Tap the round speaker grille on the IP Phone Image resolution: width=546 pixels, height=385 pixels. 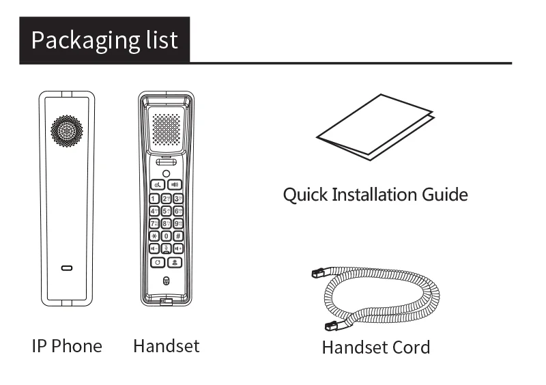pyautogui.click(x=66, y=130)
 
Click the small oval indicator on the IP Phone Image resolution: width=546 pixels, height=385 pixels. pyautogui.click(x=66, y=268)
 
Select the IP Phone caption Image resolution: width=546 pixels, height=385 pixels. pyautogui.click(x=67, y=346)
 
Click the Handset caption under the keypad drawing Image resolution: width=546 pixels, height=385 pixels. pyautogui.click(x=166, y=346)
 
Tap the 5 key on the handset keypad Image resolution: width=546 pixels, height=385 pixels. pyautogui.click(x=166, y=211)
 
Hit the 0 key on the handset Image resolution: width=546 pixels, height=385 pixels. pyautogui.click(x=166, y=236)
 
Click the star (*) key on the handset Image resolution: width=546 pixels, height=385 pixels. pyautogui.click(x=154, y=236)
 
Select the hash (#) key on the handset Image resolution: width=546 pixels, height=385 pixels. pyautogui.click(x=177, y=236)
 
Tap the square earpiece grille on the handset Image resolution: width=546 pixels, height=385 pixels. pyautogui.click(x=166, y=128)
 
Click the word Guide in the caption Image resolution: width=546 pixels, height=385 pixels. pyautogui.click(x=444, y=195)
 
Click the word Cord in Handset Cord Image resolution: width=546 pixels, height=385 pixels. pyautogui.click(x=411, y=347)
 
